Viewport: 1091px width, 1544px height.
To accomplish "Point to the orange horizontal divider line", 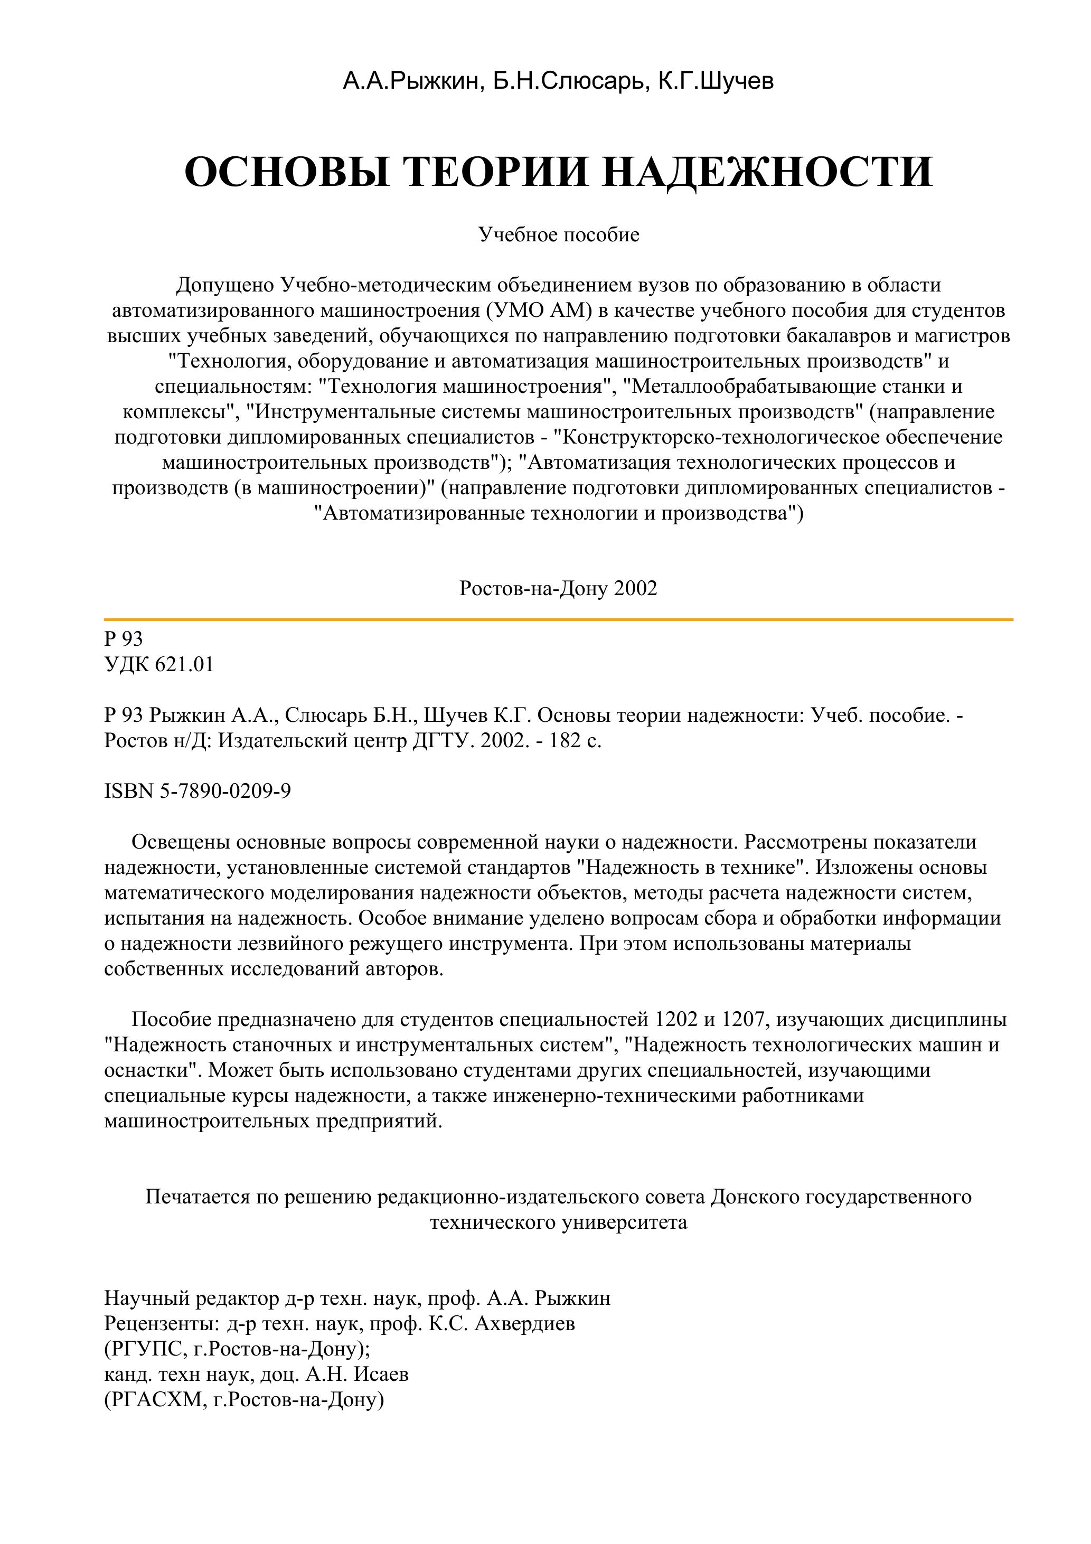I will click(558, 619).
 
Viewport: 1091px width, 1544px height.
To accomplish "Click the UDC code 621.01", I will click(184, 664).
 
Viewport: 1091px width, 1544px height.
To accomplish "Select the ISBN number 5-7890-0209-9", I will click(225, 791).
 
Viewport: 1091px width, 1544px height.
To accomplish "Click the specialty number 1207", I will click(745, 1020).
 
